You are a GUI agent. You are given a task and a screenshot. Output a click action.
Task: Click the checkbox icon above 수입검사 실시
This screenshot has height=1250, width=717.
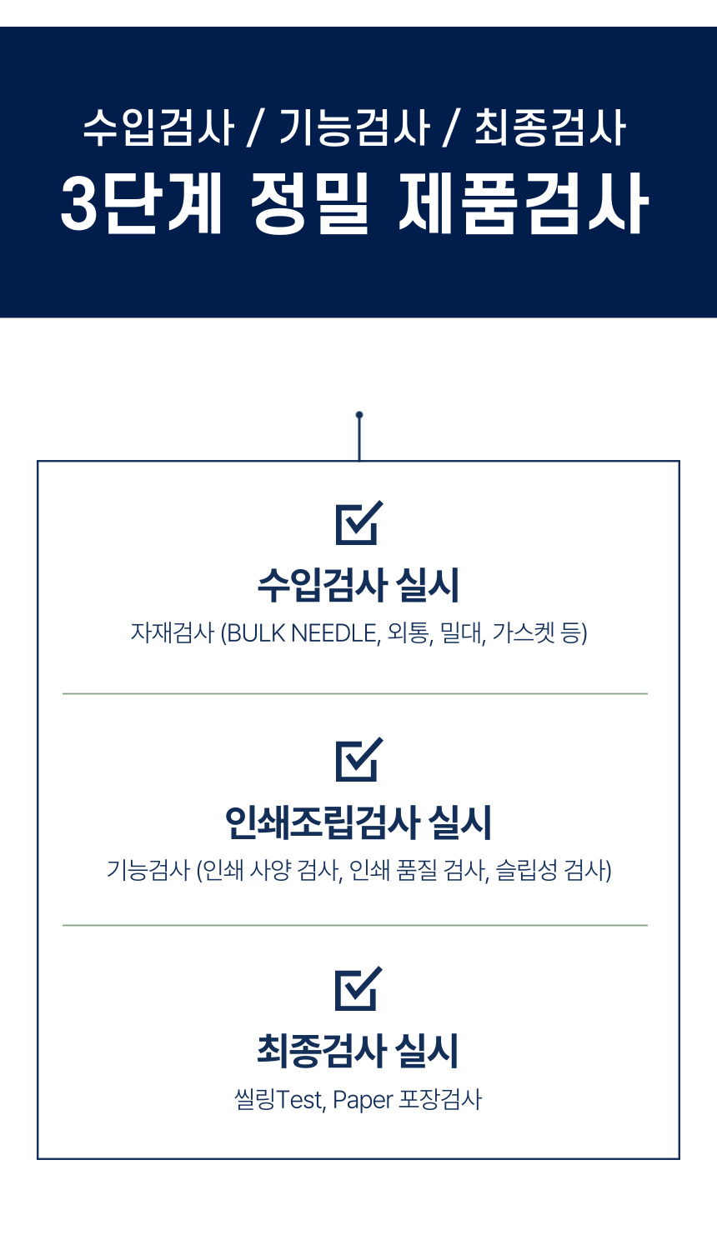coord(358,522)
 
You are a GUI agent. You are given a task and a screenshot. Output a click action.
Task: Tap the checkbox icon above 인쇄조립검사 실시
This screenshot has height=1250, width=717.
coord(358,759)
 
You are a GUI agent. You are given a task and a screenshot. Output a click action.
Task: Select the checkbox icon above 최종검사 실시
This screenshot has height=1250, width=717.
coord(358,988)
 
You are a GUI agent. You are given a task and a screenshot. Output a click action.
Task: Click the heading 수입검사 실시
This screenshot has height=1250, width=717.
coord(358,585)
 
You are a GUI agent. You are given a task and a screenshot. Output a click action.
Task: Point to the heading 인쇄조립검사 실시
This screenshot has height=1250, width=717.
coord(358,822)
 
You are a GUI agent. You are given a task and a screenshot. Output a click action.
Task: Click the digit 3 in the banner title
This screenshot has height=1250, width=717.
coord(79,204)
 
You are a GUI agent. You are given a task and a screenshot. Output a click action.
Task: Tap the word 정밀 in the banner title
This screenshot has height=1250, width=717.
coord(308,204)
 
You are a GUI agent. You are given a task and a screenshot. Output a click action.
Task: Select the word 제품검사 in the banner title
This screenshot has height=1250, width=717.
coord(524,204)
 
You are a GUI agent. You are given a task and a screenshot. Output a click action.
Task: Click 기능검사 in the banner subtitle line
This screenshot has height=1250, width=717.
coord(353,128)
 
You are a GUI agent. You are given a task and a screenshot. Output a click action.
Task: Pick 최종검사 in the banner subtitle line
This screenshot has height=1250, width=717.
coord(550,128)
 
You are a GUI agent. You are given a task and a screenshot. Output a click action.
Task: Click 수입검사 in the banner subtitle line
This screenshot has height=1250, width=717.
coord(158,128)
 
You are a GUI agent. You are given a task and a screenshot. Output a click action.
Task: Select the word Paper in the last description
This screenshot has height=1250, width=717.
coord(363,1100)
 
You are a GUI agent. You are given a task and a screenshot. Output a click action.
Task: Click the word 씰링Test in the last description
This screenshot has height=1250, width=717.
coord(278,1100)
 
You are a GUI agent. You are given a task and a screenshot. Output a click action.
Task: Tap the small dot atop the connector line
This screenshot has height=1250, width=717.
coord(359,414)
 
